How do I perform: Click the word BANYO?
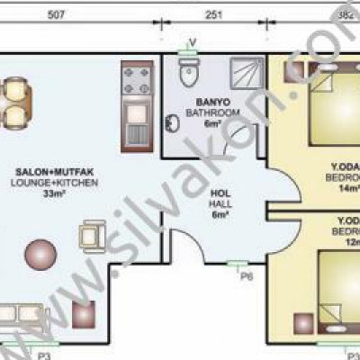click(x=210, y=103)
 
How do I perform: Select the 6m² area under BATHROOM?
click(x=211, y=124)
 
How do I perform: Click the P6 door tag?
click(x=247, y=276)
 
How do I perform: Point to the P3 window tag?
click(x=43, y=355)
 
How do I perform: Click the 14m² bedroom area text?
click(x=348, y=189)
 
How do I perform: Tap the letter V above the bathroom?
click(x=192, y=41)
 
